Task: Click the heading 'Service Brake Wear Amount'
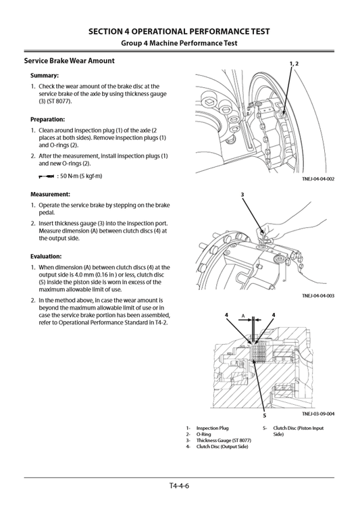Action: (70, 61)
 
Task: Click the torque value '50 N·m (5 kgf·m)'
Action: (78, 176)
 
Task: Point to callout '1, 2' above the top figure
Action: (293, 64)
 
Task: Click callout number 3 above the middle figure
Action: (242, 195)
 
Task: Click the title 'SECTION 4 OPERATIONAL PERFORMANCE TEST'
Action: (179, 31)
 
